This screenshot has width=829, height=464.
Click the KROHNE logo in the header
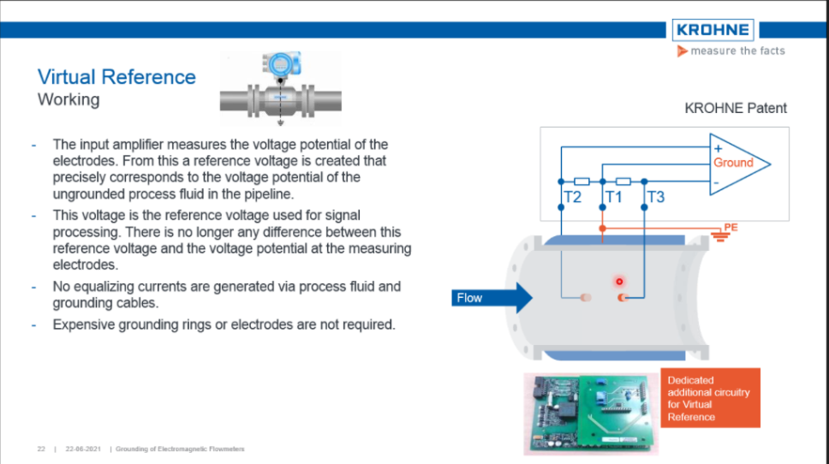pos(713,30)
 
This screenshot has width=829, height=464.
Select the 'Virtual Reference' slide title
pos(116,77)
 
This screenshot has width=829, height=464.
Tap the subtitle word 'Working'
pos(69,100)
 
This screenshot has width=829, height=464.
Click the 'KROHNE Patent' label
pos(736,109)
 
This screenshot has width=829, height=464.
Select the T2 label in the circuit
pos(572,198)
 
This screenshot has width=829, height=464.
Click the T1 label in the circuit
pos(613,198)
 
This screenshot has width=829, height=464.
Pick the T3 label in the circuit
pos(656,198)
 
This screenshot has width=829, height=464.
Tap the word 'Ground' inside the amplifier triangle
pos(733,163)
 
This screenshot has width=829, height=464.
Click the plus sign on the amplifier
pos(718,148)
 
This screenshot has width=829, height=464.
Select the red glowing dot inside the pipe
pos(617,281)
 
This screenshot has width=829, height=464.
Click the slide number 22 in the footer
pos(40,449)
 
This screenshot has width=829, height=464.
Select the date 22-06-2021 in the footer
pos(82,449)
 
